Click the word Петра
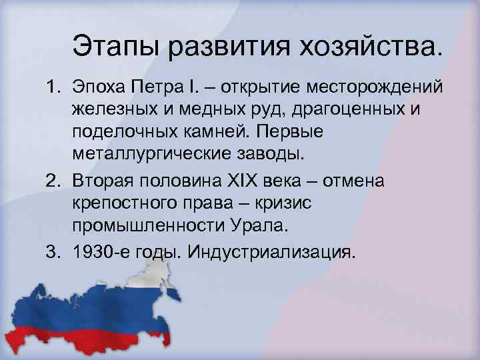(161, 89)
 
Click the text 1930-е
(103, 252)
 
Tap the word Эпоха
(99, 89)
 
